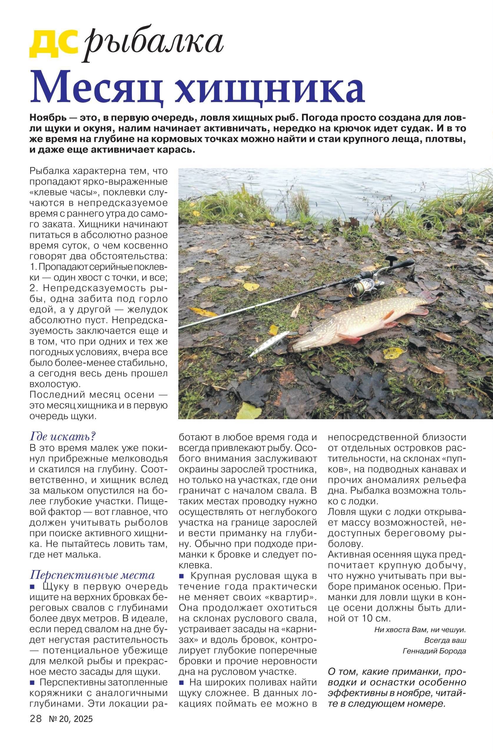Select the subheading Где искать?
(62, 437)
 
